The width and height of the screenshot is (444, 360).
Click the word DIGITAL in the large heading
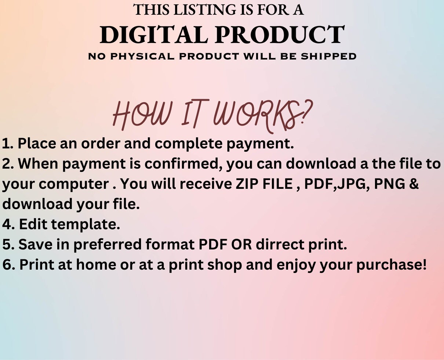point(154,35)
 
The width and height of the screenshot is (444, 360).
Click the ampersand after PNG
point(414,184)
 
